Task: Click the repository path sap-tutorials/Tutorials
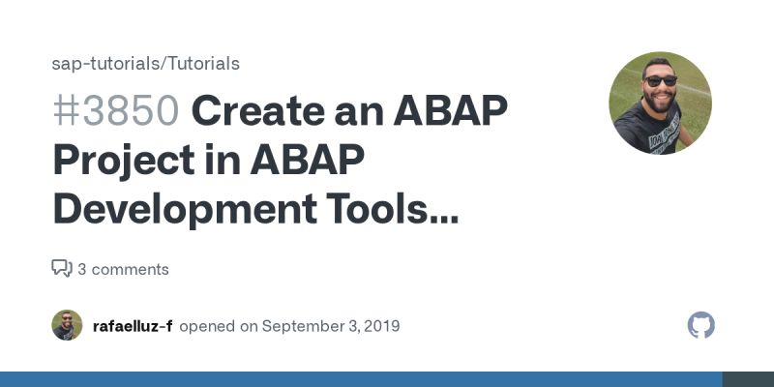pyautogui.click(x=145, y=64)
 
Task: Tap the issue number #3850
pyautogui.click(x=115, y=112)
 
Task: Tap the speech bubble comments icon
pyautogui.click(x=62, y=269)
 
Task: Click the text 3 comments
pyautogui.click(x=123, y=269)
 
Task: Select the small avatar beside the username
pyautogui.click(x=67, y=325)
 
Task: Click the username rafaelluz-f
pyautogui.click(x=133, y=326)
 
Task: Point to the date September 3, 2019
pyautogui.click(x=330, y=326)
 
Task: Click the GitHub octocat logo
pyautogui.click(x=700, y=325)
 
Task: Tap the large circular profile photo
pyautogui.click(x=660, y=103)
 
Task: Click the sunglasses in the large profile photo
pyautogui.click(x=661, y=81)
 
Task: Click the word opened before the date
pyautogui.click(x=207, y=326)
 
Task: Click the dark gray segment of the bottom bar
pyautogui.click(x=748, y=379)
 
